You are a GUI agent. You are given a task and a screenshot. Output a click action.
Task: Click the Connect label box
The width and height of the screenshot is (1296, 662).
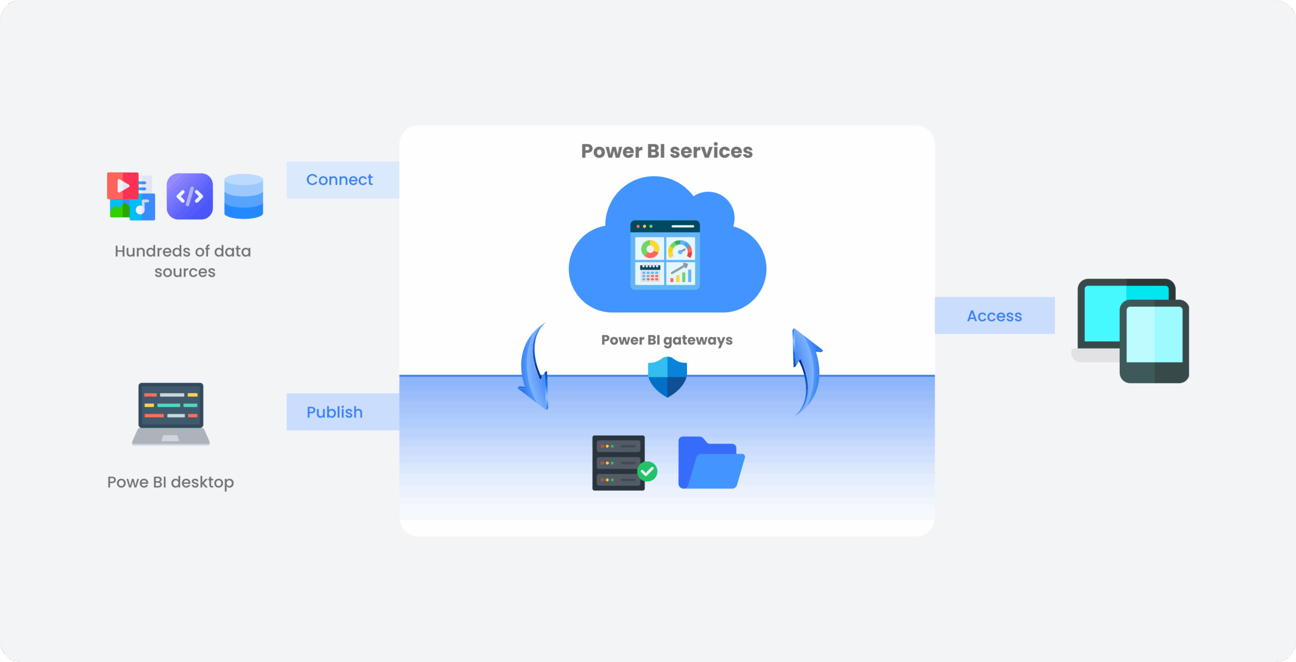pos(342,180)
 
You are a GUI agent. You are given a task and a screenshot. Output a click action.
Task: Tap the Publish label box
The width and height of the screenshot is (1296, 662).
pos(342,412)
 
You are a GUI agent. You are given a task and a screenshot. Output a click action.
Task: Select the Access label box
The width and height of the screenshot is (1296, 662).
pos(994,315)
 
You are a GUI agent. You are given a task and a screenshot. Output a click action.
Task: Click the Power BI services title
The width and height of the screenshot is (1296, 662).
pos(666,151)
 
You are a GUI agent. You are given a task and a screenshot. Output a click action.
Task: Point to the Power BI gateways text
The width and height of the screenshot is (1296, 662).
pos(666,340)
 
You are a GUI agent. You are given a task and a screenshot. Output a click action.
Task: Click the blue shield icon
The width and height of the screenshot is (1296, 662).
pos(667,377)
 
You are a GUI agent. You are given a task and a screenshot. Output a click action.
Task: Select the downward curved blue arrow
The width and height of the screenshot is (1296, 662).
pos(533,369)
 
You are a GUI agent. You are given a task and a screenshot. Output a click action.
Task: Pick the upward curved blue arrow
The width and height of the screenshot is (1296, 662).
pos(807,369)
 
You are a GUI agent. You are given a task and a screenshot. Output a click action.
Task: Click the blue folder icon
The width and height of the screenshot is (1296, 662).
pos(710,464)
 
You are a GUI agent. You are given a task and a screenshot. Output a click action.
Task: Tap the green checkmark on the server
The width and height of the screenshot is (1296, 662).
pos(647,472)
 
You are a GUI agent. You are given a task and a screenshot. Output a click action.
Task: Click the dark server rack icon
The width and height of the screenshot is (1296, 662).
pos(618,463)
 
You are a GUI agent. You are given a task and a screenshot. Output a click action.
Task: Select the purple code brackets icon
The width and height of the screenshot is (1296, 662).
pos(189,196)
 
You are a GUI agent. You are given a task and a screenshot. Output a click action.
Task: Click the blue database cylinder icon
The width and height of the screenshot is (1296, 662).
pos(244,196)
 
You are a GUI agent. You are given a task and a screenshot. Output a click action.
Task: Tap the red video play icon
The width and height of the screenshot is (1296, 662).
pos(122,186)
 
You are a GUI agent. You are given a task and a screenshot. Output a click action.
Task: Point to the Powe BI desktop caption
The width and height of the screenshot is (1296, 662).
pos(170,482)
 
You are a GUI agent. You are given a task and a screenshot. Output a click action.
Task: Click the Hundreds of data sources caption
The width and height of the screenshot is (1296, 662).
pos(183,261)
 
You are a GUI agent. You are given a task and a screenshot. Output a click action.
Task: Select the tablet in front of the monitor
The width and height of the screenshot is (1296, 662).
pos(1154,341)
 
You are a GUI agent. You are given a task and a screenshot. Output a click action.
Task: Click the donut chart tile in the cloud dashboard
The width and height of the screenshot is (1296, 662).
pos(650,249)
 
